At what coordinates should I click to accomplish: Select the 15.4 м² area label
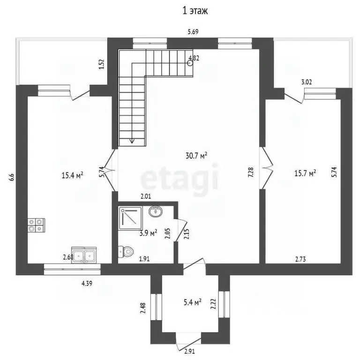tap(72, 175)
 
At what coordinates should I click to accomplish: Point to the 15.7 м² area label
tap(305, 173)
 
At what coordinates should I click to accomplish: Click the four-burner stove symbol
tap(36, 225)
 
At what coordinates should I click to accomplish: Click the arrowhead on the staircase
tap(132, 140)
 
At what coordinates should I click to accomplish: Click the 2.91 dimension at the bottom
tap(189, 351)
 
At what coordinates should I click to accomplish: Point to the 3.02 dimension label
tap(307, 82)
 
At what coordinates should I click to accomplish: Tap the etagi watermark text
tap(180, 178)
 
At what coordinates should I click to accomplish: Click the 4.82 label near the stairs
tap(194, 59)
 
